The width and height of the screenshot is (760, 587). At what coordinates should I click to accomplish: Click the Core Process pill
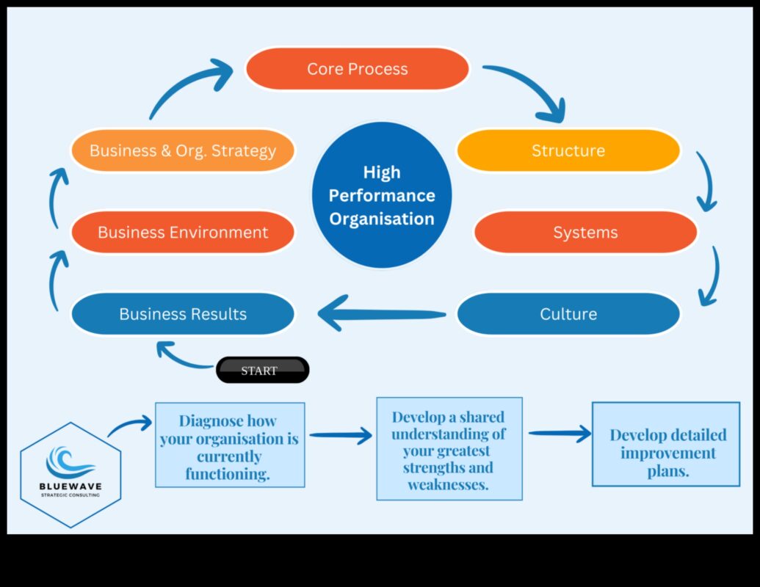pos(357,69)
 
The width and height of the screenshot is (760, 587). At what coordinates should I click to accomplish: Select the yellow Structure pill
pos(568,150)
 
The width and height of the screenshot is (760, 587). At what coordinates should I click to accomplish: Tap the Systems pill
pos(585,233)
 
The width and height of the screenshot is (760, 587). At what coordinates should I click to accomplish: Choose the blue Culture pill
pos(568,314)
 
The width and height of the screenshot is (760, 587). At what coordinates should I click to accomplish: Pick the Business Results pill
pos(182,314)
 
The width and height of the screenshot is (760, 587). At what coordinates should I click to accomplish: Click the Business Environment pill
pos(182,233)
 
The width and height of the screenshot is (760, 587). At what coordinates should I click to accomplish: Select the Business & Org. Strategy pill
pos(182,150)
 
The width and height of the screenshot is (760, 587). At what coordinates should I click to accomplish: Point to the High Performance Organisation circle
pos(381,195)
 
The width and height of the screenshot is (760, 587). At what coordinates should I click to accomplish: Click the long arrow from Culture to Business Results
pos(382,315)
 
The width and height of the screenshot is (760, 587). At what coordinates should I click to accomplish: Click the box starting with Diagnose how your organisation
pos(229,445)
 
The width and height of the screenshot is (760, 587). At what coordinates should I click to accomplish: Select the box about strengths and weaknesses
pos(449,449)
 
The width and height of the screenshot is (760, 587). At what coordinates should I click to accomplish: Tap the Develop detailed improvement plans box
pos(666,444)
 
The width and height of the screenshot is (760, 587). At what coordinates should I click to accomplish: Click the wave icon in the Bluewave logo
pos(70,462)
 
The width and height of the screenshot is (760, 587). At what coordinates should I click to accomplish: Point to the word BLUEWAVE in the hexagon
pos(70,486)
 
